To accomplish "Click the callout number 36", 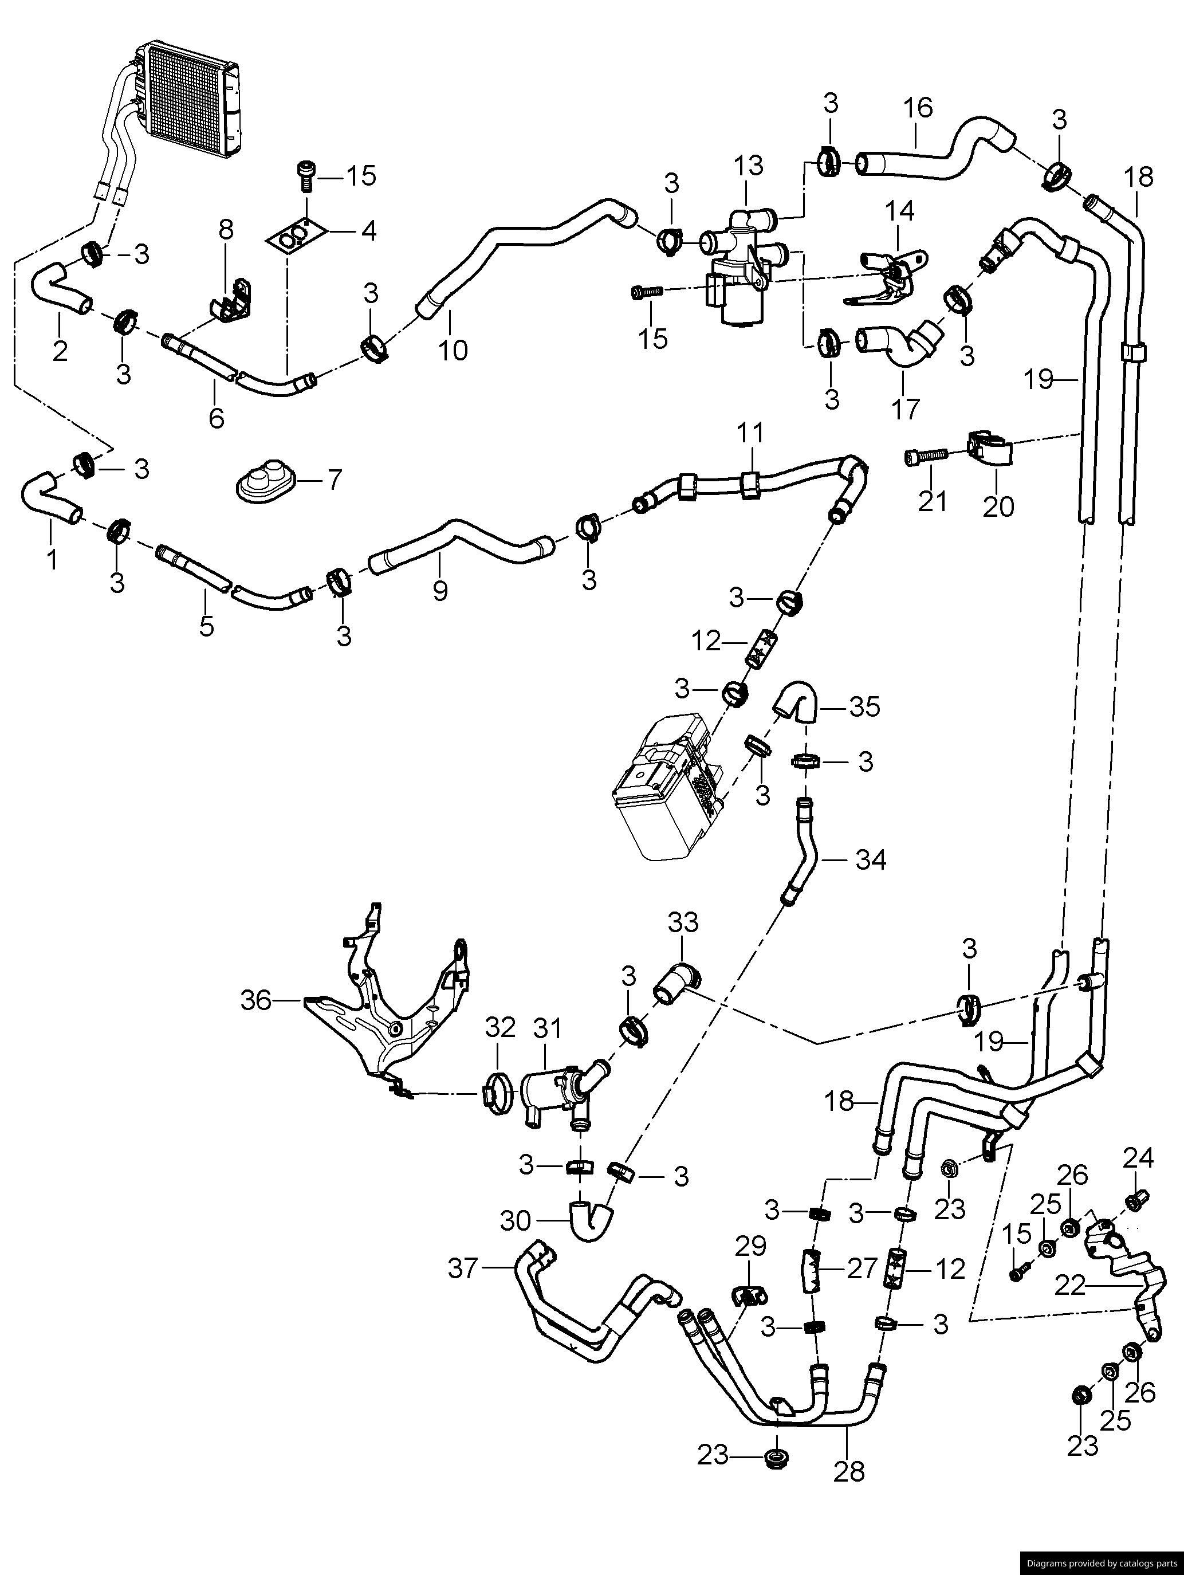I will [256, 1001].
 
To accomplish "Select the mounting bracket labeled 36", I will [388, 1011].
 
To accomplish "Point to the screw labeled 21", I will [926, 457].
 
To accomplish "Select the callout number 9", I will [440, 590].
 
